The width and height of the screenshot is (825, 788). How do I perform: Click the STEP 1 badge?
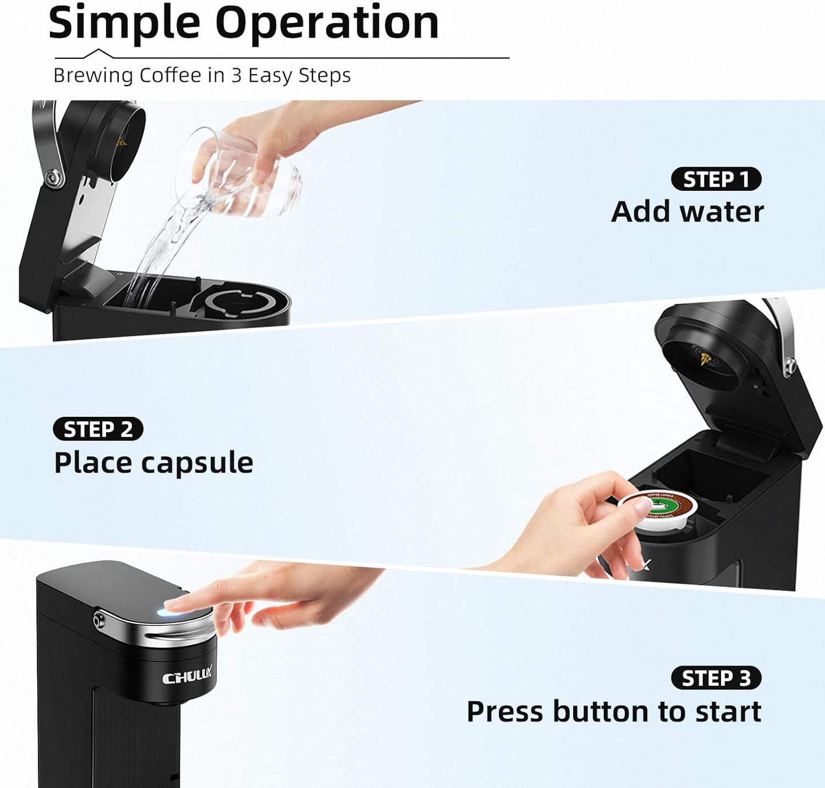tap(716, 179)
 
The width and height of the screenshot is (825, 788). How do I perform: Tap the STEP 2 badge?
tap(98, 429)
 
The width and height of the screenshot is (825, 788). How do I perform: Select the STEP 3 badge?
tap(716, 678)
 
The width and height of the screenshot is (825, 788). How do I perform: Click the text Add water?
tap(687, 212)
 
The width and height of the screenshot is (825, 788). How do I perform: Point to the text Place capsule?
tap(154, 463)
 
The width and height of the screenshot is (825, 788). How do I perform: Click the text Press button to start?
tap(614, 712)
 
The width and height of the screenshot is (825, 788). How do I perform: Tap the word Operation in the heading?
tap(327, 23)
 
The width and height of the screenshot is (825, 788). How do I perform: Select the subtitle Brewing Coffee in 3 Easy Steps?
tap(202, 75)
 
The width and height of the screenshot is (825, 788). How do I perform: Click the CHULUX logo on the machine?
tap(187, 677)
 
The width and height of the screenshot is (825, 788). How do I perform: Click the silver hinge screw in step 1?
tap(55, 178)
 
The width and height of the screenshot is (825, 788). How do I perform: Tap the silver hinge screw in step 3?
tap(100, 619)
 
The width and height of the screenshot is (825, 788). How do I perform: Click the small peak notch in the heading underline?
tap(98, 52)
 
